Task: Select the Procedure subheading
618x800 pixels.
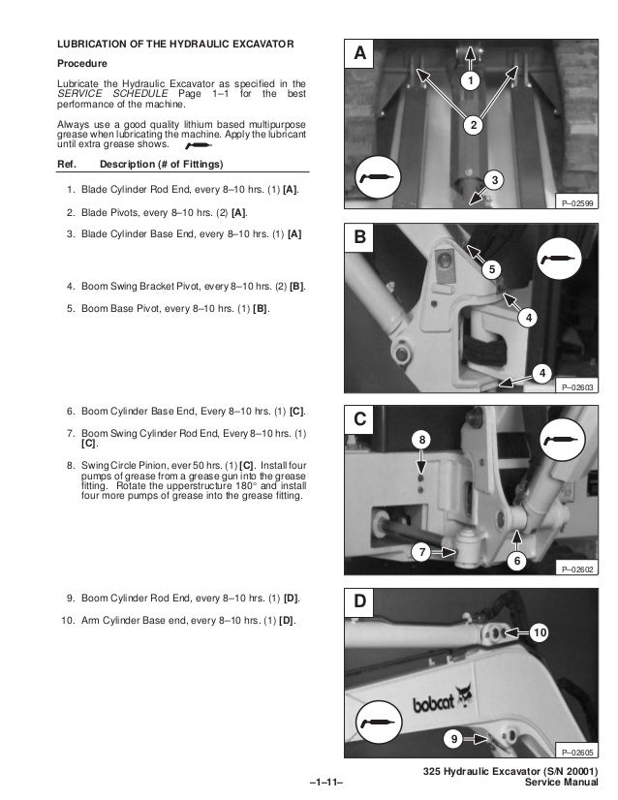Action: click(82, 64)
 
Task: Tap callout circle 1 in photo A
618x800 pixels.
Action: click(470, 80)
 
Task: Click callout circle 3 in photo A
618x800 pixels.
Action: click(494, 179)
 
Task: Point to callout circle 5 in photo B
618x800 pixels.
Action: click(491, 269)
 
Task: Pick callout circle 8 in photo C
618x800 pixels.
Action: click(421, 440)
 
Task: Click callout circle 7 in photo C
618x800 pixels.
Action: click(421, 552)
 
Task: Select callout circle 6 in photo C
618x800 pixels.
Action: click(516, 561)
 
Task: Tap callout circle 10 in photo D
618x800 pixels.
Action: click(540, 632)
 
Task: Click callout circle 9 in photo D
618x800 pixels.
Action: click(453, 738)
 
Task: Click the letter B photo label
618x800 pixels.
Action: click(360, 237)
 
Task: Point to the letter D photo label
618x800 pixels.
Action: click(360, 601)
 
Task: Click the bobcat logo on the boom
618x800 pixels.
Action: click(442, 700)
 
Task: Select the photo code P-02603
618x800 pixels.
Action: click(577, 387)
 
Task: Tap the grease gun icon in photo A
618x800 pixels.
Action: click(378, 177)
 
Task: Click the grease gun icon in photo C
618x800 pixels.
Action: click(563, 440)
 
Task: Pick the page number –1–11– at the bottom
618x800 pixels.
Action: click(326, 783)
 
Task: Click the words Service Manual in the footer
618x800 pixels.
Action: click(562, 783)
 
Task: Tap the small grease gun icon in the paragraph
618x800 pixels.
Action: click(199, 146)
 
